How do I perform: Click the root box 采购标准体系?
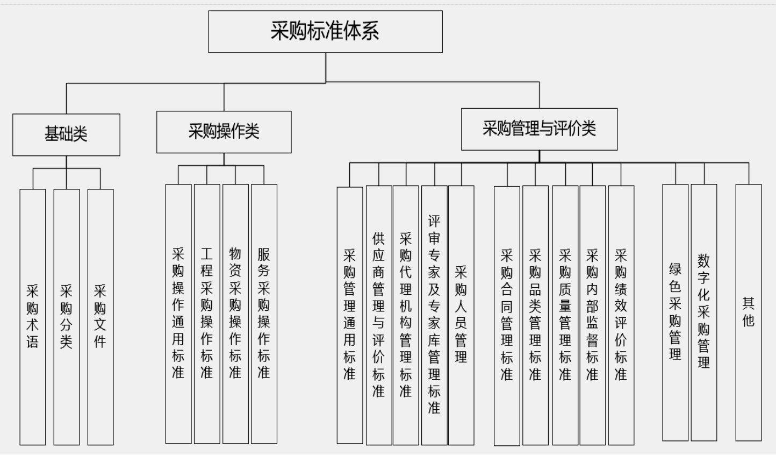(x=325, y=31)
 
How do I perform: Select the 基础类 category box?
(x=66, y=134)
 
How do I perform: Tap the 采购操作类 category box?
(x=224, y=132)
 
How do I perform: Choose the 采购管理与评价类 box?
(x=539, y=129)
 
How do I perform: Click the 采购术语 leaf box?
(x=33, y=317)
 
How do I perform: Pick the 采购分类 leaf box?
(x=67, y=317)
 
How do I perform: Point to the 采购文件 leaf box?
(x=100, y=317)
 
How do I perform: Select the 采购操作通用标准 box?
(x=178, y=314)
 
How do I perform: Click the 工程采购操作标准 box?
(x=207, y=314)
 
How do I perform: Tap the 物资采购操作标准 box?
(x=235, y=314)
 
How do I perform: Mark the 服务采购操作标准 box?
(x=264, y=314)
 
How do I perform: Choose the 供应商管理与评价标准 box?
(x=379, y=315)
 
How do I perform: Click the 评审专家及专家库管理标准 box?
(x=434, y=315)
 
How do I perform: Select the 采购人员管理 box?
(x=461, y=315)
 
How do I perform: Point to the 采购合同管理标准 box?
(x=507, y=316)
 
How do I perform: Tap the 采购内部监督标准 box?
(x=592, y=315)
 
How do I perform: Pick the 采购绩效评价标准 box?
(x=621, y=315)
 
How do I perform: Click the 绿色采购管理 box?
(x=675, y=312)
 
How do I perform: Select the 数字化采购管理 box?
(x=703, y=312)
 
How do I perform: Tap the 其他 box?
(x=749, y=312)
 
